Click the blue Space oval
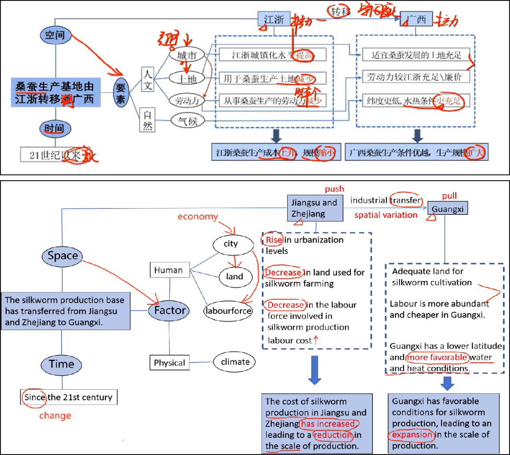click(x=63, y=256)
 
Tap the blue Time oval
click(x=62, y=364)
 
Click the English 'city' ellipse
click(x=231, y=244)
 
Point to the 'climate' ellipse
click(x=235, y=362)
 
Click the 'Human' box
click(x=168, y=270)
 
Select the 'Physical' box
click(x=169, y=363)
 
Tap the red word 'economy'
click(x=198, y=217)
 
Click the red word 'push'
click(x=334, y=189)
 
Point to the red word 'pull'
click(x=450, y=196)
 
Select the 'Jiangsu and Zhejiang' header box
click(x=315, y=208)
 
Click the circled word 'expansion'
click(x=411, y=434)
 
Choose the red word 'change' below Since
click(x=55, y=416)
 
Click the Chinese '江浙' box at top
click(x=274, y=19)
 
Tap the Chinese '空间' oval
click(x=56, y=35)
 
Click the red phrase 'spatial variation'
click(x=386, y=215)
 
